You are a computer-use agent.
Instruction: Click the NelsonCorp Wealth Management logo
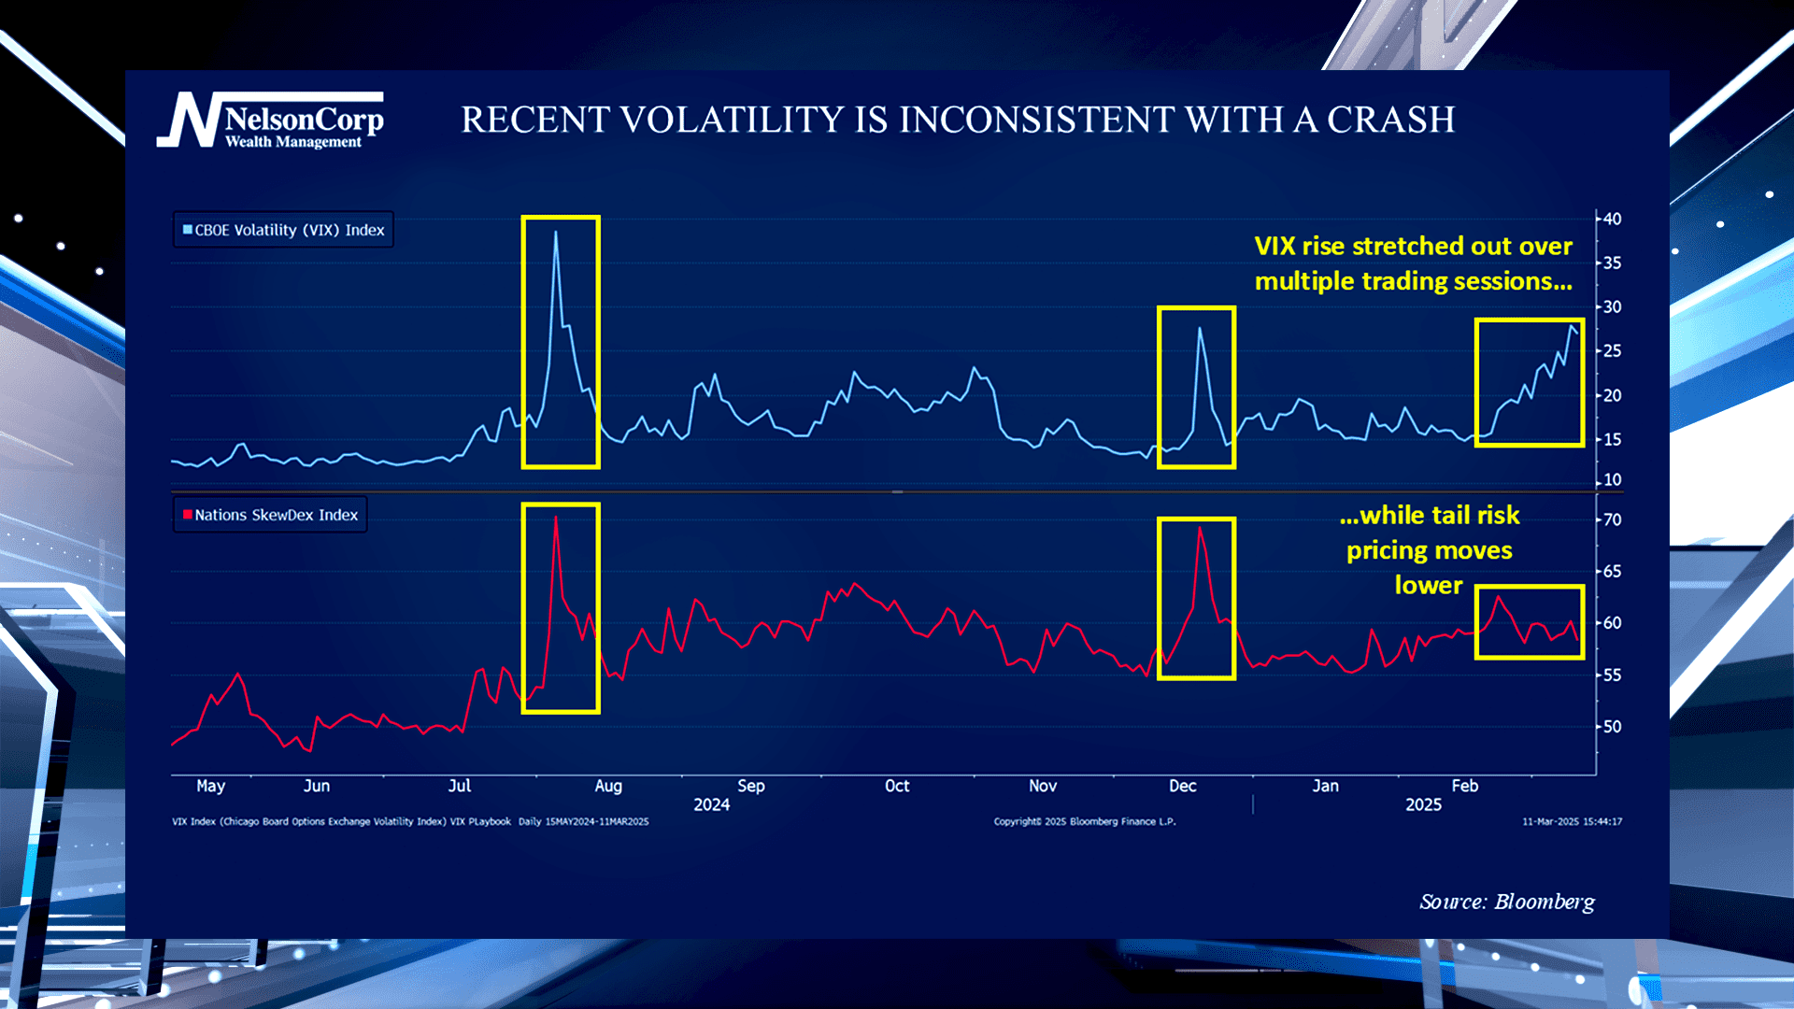click(271, 121)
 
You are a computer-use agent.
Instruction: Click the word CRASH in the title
click(1390, 121)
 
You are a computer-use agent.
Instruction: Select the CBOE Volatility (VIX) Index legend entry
click(283, 230)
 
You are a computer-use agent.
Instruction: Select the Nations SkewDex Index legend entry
click(270, 515)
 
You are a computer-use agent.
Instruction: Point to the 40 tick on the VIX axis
click(1612, 220)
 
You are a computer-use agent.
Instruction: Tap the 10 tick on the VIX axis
click(1612, 480)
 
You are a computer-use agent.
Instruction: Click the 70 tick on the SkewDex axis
click(1612, 520)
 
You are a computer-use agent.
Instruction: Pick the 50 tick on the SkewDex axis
click(1612, 727)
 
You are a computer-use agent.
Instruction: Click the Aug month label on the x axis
click(608, 787)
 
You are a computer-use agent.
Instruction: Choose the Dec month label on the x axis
click(1182, 787)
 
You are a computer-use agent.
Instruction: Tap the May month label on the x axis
click(210, 787)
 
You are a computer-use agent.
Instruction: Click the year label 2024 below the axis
click(711, 805)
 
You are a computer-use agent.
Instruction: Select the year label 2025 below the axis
click(1423, 805)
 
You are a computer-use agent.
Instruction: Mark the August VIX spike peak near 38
click(556, 233)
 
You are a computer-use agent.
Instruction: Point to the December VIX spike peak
click(1200, 329)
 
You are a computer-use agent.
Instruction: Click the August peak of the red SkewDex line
click(556, 518)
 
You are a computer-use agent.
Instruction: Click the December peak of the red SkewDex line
click(1200, 529)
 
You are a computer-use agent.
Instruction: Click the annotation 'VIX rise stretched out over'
click(1413, 247)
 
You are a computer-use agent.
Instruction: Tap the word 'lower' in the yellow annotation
click(1428, 586)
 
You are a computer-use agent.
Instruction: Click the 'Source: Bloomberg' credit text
click(1506, 902)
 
